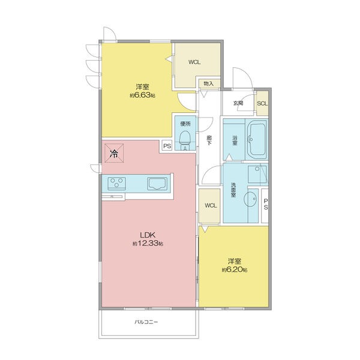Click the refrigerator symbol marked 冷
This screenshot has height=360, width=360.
click(x=114, y=153)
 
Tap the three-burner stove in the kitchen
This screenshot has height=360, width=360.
click(x=116, y=183)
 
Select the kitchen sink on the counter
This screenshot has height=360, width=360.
click(x=157, y=184)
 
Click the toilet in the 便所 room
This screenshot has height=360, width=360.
click(x=185, y=140)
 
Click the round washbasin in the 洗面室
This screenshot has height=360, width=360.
click(x=250, y=199)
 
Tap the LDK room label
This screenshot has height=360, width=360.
click(x=148, y=235)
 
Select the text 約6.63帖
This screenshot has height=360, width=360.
click(x=142, y=95)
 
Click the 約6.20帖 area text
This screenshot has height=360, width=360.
click(x=235, y=270)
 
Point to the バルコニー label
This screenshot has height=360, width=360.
click(x=146, y=322)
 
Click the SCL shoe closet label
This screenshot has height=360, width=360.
click(x=262, y=103)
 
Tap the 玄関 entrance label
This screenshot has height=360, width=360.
click(x=238, y=103)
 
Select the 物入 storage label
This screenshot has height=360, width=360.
click(x=209, y=83)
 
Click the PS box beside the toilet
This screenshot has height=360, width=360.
click(x=167, y=146)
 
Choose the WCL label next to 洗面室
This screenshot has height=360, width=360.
click(x=211, y=205)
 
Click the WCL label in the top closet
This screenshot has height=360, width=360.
click(x=194, y=62)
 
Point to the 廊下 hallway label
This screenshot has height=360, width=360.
click(x=209, y=140)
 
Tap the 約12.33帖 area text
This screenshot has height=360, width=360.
click(x=148, y=244)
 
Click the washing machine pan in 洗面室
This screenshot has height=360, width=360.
click(x=257, y=174)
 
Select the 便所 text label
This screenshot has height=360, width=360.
click(x=185, y=124)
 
